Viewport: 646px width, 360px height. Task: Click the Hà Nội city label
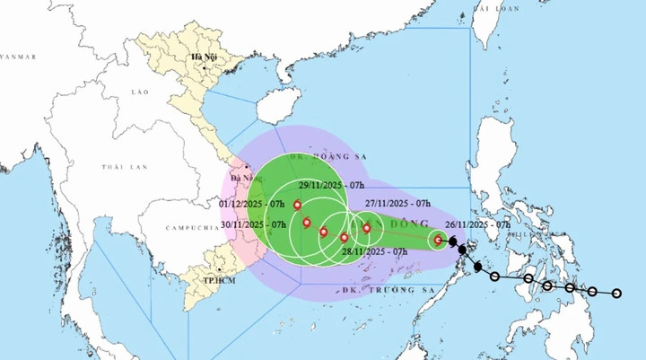(199, 58)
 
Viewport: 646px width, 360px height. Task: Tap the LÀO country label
(138, 92)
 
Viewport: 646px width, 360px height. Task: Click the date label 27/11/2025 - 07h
(397, 206)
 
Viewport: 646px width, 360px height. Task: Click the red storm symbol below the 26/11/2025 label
(438, 240)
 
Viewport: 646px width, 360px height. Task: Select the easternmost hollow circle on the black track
(616, 294)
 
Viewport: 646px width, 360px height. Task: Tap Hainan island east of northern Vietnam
(277, 110)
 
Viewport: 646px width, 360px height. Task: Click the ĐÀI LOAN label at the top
(495, 7)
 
